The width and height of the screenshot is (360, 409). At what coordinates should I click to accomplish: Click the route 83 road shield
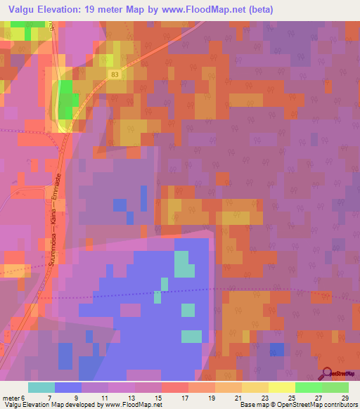115,73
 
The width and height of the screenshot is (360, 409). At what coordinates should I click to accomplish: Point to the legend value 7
68,397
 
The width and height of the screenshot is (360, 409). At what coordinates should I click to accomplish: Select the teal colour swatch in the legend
41,387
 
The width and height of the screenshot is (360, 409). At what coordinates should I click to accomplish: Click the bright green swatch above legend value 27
308,387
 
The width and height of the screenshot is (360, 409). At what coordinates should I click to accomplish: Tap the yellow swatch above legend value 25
281,387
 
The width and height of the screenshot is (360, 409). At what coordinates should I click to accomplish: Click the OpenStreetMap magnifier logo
328,373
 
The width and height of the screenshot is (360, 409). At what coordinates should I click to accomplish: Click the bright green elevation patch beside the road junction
67,98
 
